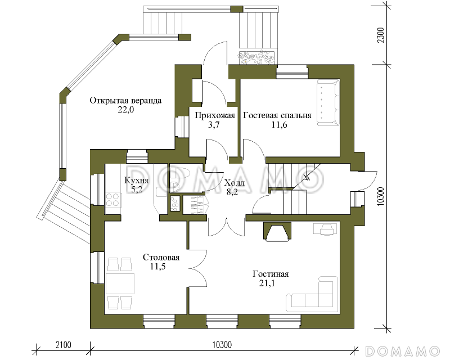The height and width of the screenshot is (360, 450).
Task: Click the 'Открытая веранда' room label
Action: pos(125,101)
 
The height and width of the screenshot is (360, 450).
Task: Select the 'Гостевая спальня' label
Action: pos(277,115)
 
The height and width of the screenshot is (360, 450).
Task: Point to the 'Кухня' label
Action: pos(136,181)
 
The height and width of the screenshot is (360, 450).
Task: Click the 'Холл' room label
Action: pos(235,183)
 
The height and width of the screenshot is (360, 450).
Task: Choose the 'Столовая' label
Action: pos(161,257)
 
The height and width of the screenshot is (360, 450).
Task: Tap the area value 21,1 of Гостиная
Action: pos(267,283)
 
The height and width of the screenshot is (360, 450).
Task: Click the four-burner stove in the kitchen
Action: pos(112,199)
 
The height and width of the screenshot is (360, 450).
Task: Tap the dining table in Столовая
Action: pos(120,283)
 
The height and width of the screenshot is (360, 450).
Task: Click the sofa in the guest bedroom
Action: pos(328,103)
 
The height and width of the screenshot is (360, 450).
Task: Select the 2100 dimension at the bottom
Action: pos(64,344)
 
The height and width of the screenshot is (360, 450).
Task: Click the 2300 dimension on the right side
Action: pos(381,35)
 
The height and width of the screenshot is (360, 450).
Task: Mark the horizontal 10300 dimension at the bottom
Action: pos(222,344)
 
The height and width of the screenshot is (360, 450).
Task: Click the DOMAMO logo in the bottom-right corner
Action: pos(402,351)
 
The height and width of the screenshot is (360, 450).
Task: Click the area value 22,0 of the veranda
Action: pos(125,110)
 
